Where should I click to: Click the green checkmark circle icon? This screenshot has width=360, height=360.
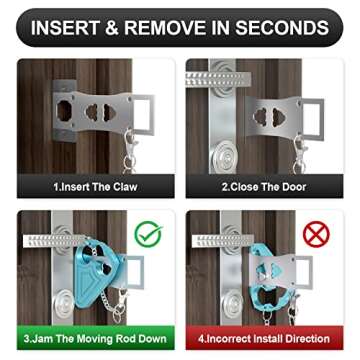[149, 235]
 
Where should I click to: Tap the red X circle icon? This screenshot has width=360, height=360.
[318, 235]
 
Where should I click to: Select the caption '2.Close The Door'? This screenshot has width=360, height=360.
[265, 187]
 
